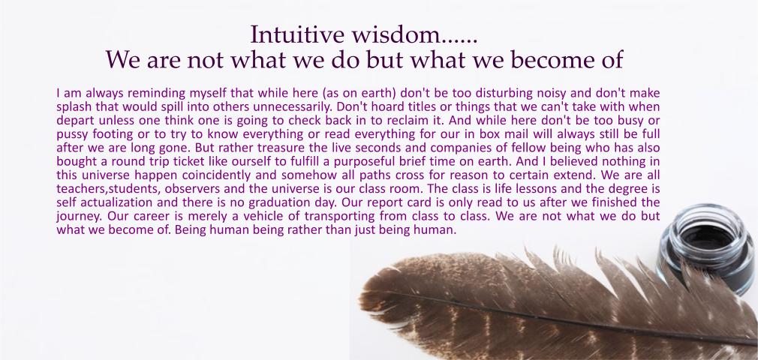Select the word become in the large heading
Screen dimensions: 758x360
pyautogui.click(x=543, y=59)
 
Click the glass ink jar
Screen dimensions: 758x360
pyautogui.click(x=707, y=248)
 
